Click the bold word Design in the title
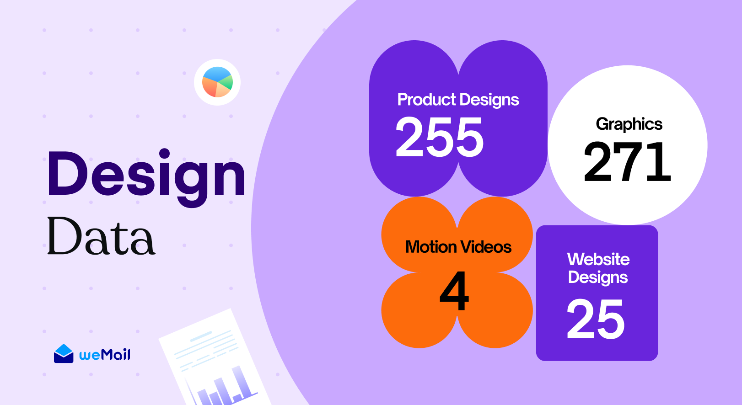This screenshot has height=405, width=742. pos(146,178)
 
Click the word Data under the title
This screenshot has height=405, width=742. pos(102,236)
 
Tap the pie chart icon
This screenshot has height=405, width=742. pos(217,82)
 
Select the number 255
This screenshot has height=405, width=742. pos(440,137)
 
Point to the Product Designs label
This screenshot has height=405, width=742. pos(458,100)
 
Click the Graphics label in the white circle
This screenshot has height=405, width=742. pos(629,124)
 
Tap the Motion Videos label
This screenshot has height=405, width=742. pos(458,247)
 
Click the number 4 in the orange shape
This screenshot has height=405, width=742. pos(454,291)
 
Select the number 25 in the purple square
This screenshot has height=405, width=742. pos(596,319)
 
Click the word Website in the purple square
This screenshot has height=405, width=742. pos(598,259)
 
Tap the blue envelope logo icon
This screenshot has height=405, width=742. pos(64,354)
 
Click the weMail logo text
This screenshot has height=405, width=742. pos(105,354)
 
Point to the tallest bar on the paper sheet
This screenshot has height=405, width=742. pos(240,382)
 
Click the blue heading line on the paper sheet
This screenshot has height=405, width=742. pos(201,336)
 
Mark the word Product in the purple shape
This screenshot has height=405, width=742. pos(427,99)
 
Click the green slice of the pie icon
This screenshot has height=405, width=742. pos(226,82)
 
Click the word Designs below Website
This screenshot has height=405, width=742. pos(598,278)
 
